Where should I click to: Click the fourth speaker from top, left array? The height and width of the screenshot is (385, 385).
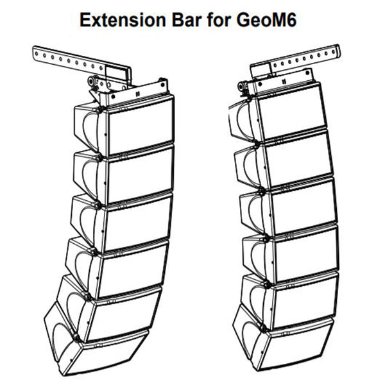coord(132,262)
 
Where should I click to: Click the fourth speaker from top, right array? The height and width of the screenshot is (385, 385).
coord(300,252)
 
